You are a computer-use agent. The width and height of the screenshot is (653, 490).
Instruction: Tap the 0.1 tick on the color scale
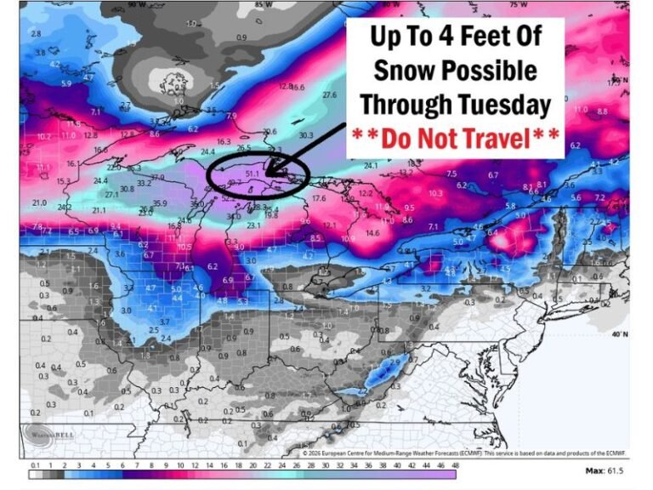coord(35,465)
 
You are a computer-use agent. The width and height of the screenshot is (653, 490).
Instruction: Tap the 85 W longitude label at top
coord(259,6)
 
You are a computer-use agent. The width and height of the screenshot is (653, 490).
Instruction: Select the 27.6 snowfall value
coord(329,95)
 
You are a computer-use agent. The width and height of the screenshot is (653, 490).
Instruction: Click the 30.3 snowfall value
coord(305,134)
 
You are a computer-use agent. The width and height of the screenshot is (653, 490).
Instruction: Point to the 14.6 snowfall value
coord(372,232)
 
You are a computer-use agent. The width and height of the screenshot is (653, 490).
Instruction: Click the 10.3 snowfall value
coord(435,193)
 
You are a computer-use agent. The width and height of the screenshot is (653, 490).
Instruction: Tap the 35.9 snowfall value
coord(159,203)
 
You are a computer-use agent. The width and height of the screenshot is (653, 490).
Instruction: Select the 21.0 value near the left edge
coord(39,202)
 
